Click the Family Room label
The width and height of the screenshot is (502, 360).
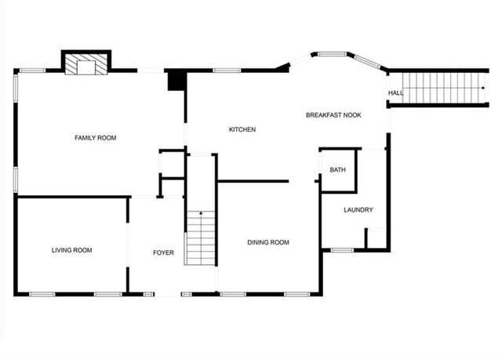click(x=95, y=138)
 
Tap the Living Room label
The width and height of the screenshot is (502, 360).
click(x=71, y=251)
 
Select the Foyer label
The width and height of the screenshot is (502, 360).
click(x=163, y=253)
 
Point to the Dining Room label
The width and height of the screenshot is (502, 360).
click(x=268, y=243)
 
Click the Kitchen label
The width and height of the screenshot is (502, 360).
click(x=242, y=129)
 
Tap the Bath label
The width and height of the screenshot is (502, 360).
click(x=337, y=169)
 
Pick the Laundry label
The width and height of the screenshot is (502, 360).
click(x=358, y=210)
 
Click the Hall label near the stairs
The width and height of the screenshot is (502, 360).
click(x=395, y=94)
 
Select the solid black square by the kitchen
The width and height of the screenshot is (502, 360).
click(x=176, y=80)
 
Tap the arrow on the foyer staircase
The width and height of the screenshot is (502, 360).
click(x=201, y=215)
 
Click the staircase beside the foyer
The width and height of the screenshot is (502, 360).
click(x=201, y=238)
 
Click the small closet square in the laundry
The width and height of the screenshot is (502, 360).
click(x=376, y=238)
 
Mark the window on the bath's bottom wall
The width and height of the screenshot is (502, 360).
click(x=342, y=250)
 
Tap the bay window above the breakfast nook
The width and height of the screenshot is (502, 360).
click(x=333, y=54)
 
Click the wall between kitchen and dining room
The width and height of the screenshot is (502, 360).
click(x=253, y=181)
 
